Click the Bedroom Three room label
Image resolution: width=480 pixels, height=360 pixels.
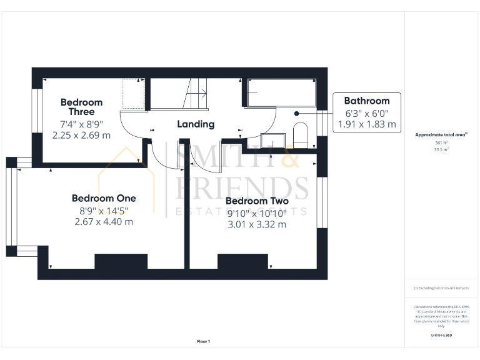click(81, 107)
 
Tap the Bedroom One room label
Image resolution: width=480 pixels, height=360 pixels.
click(104, 198)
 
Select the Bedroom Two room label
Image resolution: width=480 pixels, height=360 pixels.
click(257, 201)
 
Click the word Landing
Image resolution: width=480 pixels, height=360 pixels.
click(196, 124)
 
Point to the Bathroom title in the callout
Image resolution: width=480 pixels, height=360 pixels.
click(367, 101)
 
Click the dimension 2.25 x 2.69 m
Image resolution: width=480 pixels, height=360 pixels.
click(81, 135)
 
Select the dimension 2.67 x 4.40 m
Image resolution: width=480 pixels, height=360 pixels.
click(104, 222)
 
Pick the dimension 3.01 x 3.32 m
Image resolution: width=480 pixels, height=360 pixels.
click(257, 224)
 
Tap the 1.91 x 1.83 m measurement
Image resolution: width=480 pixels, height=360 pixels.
click(367, 124)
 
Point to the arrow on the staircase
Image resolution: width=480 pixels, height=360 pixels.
click(201, 94)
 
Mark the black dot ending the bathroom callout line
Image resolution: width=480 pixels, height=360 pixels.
click(296, 114)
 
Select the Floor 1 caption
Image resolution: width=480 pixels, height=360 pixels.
click(204, 341)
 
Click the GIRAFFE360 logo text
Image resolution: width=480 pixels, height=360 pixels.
click(441, 336)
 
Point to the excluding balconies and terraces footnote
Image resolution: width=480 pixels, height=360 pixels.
click(441, 288)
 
